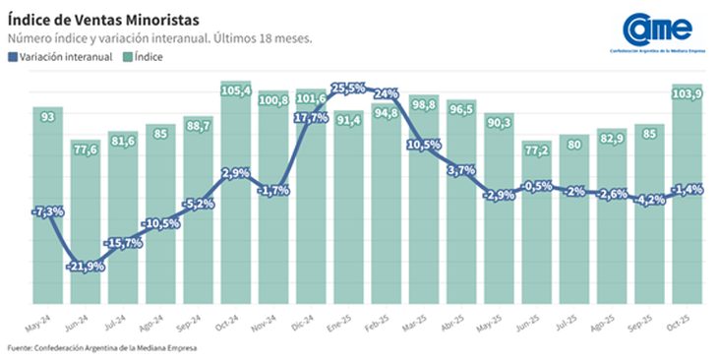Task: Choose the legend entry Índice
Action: (145, 57)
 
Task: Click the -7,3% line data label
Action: (48, 211)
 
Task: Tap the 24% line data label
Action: (385, 94)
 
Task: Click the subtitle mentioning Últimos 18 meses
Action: (159, 38)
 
